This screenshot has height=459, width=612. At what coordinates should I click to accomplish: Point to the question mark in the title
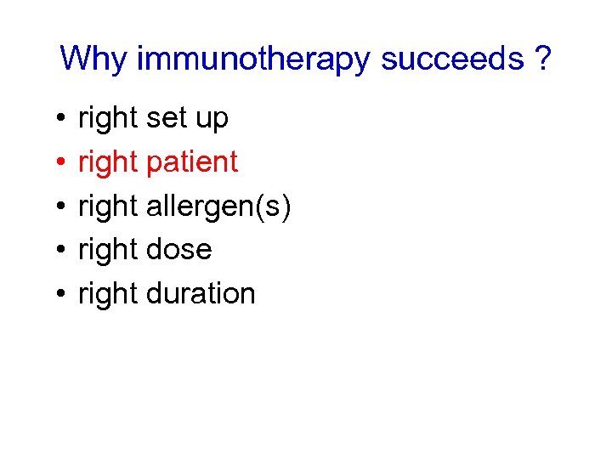click(541, 59)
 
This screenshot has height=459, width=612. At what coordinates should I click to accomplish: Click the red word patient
click(192, 162)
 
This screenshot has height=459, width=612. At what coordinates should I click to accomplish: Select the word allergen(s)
click(219, 207)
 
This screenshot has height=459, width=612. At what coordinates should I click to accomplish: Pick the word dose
click(179, 250)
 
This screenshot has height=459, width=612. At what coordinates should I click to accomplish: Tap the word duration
click(201, 294)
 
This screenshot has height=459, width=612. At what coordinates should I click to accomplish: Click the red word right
click(108, 162)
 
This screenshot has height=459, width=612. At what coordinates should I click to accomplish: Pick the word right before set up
click(108, 119)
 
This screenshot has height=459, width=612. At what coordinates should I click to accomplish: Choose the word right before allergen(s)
click(108, 207)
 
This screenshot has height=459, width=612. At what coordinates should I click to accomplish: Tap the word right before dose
click(108, 250)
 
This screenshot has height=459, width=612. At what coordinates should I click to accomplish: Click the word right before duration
click(108, 294)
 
